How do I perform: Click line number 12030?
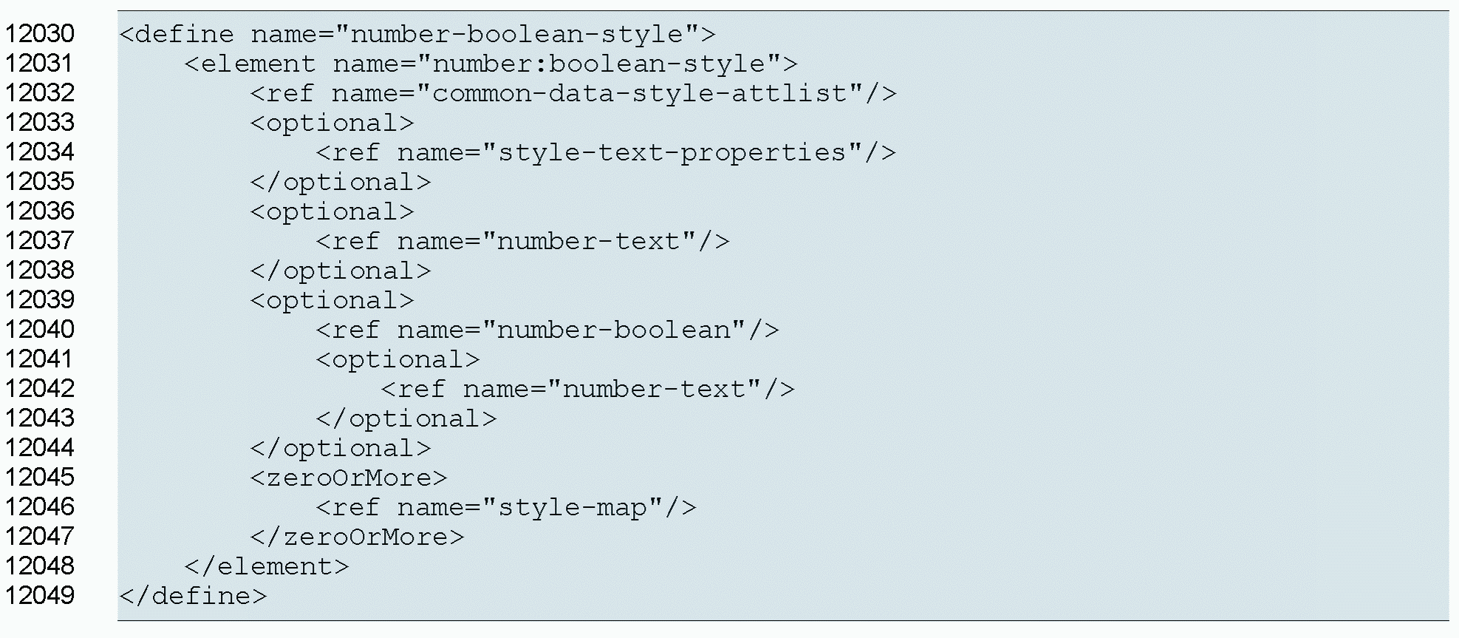point(40,34)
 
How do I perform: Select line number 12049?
point(40,596)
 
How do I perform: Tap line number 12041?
point(40,359)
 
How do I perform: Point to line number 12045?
point(40,478)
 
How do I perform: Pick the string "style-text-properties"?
point(672,152)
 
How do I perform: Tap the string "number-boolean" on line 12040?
point(621,330)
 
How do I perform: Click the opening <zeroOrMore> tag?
point(349,478)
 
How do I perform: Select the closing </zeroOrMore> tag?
point(357,537)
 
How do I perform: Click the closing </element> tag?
point(267,566)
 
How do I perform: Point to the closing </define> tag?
point(193,596)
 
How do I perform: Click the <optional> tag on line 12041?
point(398,359)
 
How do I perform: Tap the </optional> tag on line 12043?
point(406,418)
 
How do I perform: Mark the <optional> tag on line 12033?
point(332,123)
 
